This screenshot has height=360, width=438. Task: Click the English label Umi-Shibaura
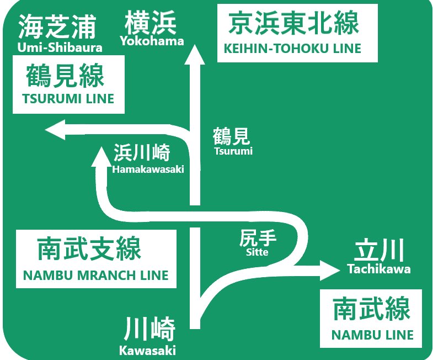pyautogui.click(x=60, y=47)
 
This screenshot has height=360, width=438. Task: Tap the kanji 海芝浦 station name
pyautogui.click(x=57, y=27)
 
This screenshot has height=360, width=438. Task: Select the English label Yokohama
pyautogui.click(x=151, y=41)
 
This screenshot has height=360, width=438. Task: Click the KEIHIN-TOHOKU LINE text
pyautogui.click(x=292, y=49)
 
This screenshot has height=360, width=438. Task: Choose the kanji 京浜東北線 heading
pyautogui.click(x=293, y=24)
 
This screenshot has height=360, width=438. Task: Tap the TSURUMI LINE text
pyautogui.click(x=68, y=99)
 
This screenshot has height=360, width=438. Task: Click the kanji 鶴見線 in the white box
pyautogui.click(x=65, y=76)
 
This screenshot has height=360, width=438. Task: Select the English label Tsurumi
pyautogui.click(x=233, y=151)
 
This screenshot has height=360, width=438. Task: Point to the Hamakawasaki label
pyautogui.click(x=148, y=170)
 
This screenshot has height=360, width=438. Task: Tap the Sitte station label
pyautogui.click(x=258, y=252)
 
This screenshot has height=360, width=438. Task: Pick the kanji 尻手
pyautogui.click(x=258, y=239)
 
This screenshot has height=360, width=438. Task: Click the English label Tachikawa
pyautogui.click(x=379, y=269)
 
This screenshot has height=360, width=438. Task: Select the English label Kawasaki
pyautogui.click(x=147, y=350)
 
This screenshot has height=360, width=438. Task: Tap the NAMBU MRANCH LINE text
pyautogui.click(x=96, y=275)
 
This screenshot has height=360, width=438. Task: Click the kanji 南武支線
pyautogui.click(x=89, y=250)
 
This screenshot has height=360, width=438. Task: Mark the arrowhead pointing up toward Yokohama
pyautogui.click(x=194, y=56)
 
